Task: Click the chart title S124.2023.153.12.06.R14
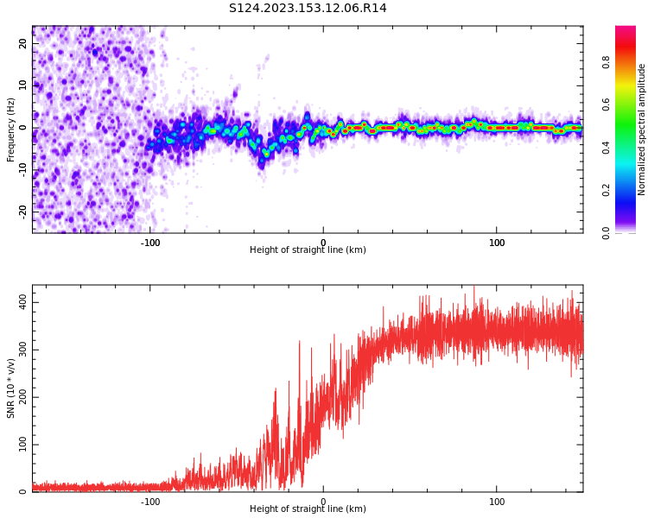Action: coord(308,9)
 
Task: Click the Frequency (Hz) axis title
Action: coord(11,129)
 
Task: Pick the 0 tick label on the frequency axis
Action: coord(24,128)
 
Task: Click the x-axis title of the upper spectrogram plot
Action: coord(308,250)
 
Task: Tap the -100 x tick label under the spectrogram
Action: coord(150,242)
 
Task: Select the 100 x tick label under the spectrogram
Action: coord(497,242)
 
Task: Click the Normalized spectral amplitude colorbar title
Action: coord(642,129)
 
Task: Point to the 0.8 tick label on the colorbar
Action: coord(607,62)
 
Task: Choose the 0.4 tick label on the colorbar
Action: coord(607,147)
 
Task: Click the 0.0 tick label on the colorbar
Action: coord(607,231)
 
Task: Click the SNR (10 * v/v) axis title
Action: coord(11,388)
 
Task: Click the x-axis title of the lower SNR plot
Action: coord(308,509)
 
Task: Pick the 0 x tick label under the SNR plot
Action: coord(323,501)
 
